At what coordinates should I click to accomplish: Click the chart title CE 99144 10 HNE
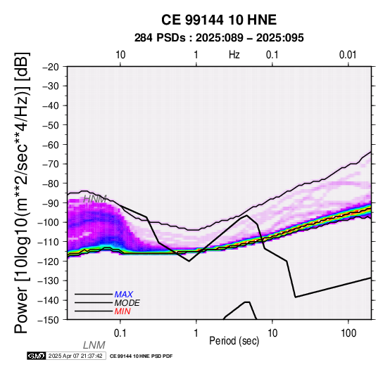(219, 20)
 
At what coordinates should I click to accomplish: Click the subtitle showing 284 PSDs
(219, 38)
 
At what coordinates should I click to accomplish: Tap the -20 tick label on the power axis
(51, 67)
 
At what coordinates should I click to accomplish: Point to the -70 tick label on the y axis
(51, 164)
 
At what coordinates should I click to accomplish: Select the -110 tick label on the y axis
(49, 242)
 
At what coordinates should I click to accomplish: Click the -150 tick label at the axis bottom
(49, 320)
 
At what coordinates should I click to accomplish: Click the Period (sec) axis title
(234, 341)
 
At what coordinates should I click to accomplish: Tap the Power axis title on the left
(22, 193)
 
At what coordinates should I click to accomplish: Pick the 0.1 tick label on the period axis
(120, 333)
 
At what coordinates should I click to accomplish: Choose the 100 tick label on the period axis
(348, 333)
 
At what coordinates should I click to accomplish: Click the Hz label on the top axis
(234, 55)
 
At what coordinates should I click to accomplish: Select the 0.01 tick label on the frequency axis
(348, 55)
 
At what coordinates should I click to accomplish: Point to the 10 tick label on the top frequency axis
(120, 55)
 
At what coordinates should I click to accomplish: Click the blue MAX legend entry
(124, 295)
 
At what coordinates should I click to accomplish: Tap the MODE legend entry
(127, 303)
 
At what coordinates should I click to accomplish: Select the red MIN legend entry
(122, 311)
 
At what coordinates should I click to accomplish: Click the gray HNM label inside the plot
(95, 199)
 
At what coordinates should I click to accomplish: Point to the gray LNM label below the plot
(94, 345)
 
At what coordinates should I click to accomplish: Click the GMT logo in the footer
(37, 356)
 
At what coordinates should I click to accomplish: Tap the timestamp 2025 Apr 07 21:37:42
(75, 356)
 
